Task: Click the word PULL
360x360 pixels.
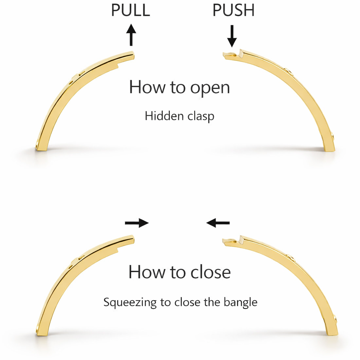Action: point(130,10)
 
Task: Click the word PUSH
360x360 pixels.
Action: point(233,10)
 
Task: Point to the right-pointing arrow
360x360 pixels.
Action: point(137,223)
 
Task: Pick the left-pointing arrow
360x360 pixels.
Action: point(218,223)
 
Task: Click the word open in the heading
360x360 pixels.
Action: point(210,87)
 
